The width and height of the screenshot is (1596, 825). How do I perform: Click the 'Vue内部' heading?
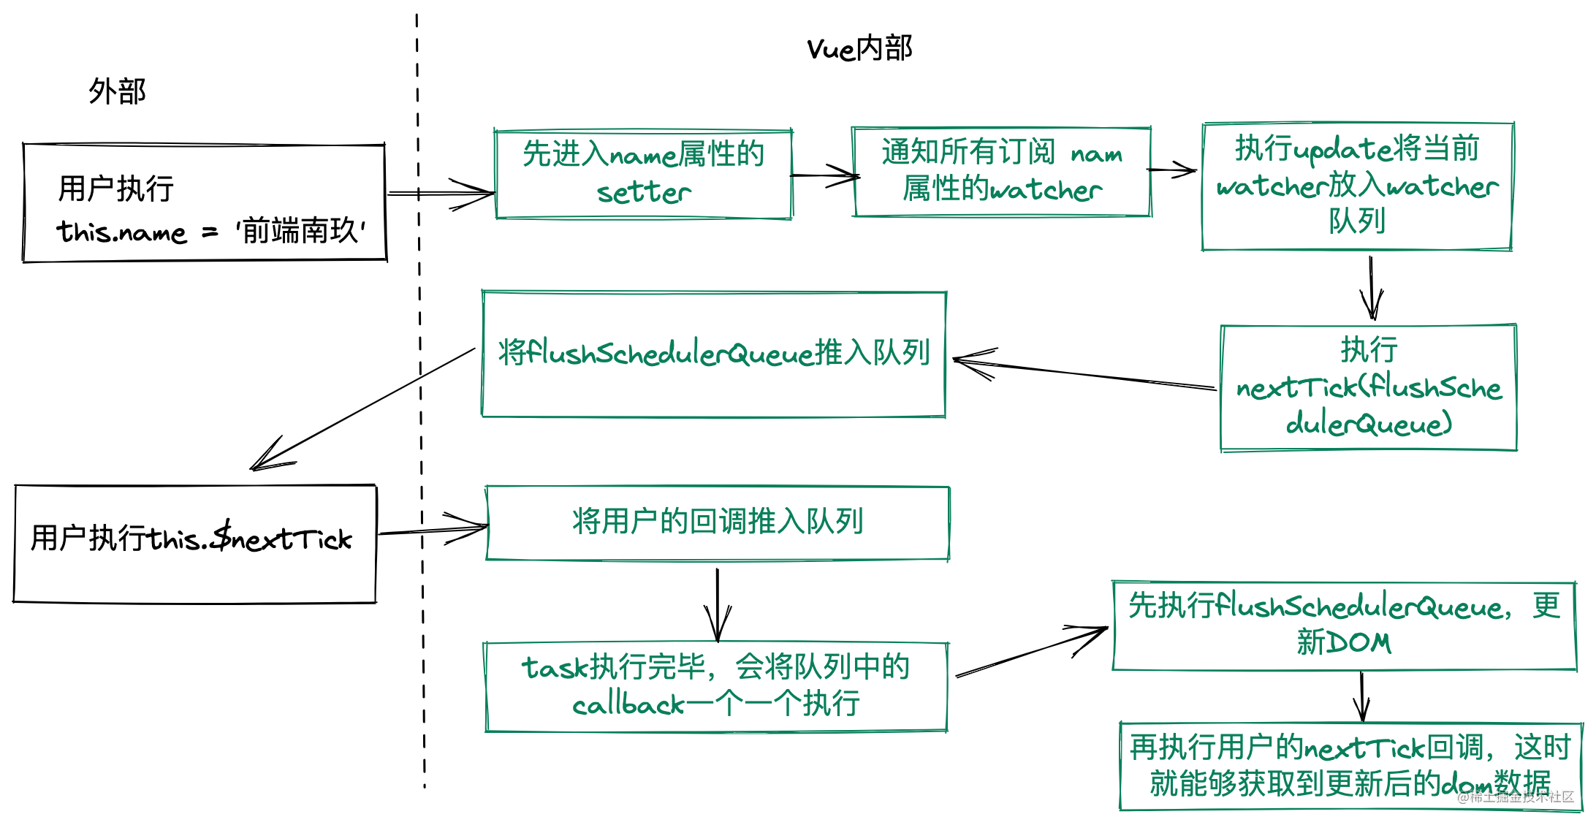coord(859,49)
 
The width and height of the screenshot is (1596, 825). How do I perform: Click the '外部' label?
coord(117,92)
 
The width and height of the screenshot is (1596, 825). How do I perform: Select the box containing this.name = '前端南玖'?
coord(205,202)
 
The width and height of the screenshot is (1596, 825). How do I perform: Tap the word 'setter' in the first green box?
coord(643,193)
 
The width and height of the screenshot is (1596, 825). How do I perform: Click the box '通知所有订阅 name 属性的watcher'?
coord(1001,172)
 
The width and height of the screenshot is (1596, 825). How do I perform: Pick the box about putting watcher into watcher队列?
coord(1357,186)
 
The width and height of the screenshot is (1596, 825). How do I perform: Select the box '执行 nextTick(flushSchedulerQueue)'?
coord(1368,387)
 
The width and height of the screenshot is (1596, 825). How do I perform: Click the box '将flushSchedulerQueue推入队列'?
coord(713,354)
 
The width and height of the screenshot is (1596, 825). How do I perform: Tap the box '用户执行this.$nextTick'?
coord(194,544)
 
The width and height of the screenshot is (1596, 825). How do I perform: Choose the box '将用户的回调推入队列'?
coord(718,523)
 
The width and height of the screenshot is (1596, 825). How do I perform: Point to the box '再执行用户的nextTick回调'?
coord(1350,766)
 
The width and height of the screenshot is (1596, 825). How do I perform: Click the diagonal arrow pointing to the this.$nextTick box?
coord(365,408)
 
